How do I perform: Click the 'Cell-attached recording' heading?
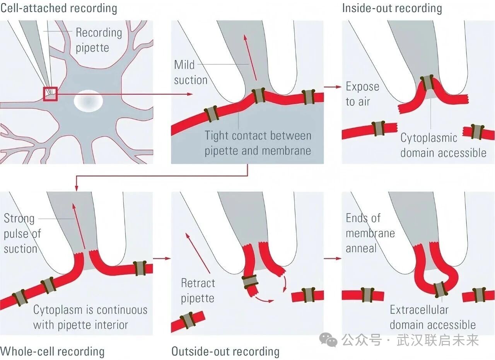58,8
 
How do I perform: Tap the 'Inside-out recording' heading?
392,8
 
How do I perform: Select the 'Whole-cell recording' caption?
52,351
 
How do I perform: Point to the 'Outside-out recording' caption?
225,351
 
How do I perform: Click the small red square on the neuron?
50,94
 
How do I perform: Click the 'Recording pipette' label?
98,40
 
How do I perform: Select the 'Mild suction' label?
191,72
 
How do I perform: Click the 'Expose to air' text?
362,94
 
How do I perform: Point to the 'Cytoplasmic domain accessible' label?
443,145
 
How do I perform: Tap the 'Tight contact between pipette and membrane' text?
258,143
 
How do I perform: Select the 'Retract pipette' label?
197,290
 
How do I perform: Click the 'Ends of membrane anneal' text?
365,233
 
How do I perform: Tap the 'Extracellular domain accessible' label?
432,317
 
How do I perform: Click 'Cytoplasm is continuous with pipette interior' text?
90,317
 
